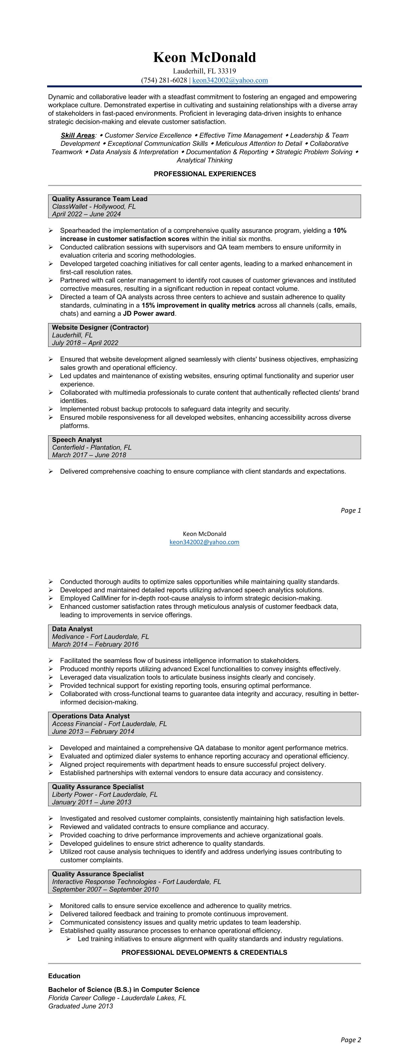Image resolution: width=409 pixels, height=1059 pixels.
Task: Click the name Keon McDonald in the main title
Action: [205, 57]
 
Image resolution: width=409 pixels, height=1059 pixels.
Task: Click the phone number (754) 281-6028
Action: [164, 80]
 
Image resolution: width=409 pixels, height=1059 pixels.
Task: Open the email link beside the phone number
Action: [230, 80]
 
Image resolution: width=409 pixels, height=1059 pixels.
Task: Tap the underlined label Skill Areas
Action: [78, 135]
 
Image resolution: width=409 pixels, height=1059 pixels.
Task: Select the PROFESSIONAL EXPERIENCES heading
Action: [205, 174]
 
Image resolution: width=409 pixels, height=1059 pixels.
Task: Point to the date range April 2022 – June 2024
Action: [86, 214]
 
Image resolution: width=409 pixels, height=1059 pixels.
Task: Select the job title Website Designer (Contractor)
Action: [100, 328]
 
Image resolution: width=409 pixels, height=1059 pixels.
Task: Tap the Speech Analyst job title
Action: [77, 440]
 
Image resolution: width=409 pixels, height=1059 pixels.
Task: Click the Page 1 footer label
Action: [351, 511]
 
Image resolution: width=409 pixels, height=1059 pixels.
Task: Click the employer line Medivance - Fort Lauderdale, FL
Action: [100, 637]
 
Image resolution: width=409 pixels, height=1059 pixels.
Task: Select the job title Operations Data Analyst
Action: [91, 716]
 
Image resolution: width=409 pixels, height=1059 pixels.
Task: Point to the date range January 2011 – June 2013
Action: [91, 802]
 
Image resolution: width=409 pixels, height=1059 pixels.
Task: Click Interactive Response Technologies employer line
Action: [136, 882]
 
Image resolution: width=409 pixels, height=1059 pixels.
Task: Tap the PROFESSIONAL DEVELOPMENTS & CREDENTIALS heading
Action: [205, 952]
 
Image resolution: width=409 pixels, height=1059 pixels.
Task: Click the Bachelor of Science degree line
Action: [124, 990]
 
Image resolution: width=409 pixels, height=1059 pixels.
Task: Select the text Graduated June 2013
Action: [81, 1006]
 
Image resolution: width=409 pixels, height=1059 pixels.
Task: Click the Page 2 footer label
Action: [351, 1040]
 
